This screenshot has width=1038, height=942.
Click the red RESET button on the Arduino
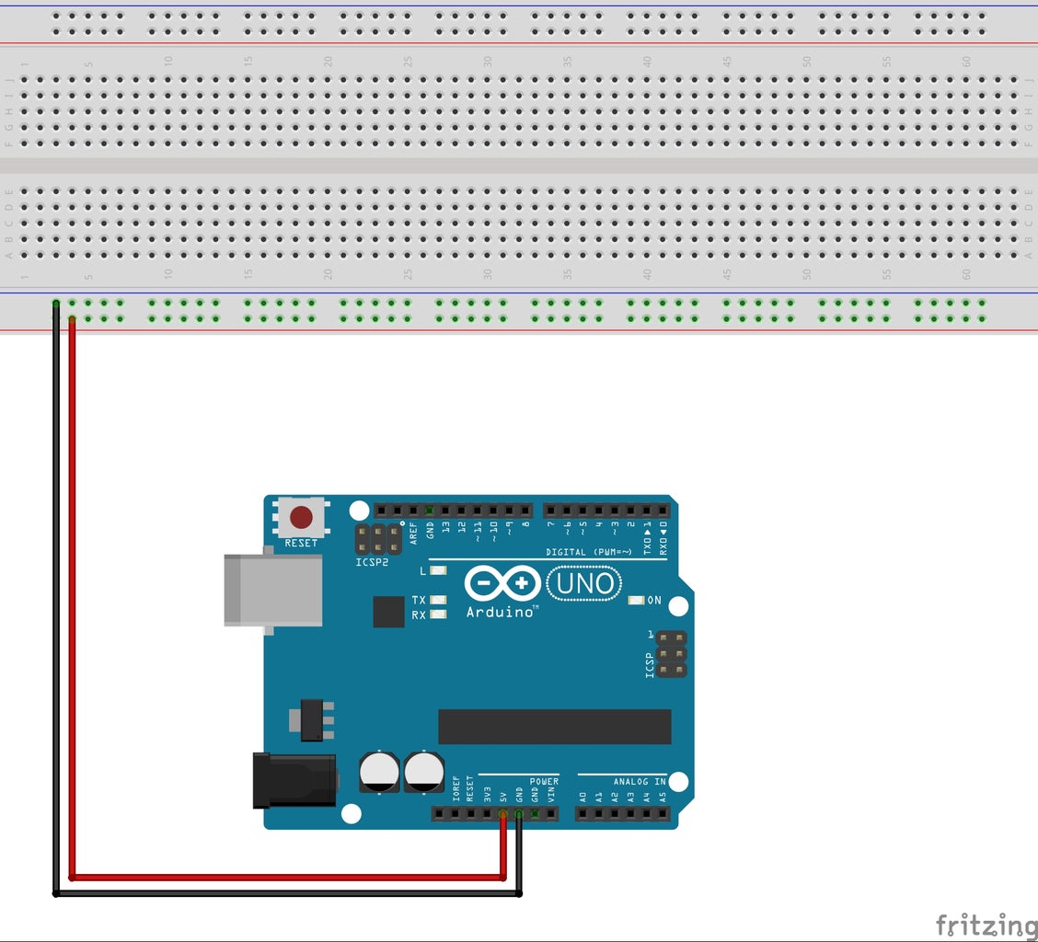pyautogui.click(x=301, y=518)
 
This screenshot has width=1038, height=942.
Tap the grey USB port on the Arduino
pyautogui.click(x=272, y=590)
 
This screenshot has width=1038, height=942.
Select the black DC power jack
pyautogui.click(x=294, y=780)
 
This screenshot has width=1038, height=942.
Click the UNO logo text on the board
pyautogui.click(x=584, y=582)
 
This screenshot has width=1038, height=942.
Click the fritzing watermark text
pyautogui.click(x=986, y=925)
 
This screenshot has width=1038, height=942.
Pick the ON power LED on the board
pyautogui.click(x=635, y=601)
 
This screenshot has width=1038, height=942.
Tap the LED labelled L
pyautogui.click(x=438, y=571)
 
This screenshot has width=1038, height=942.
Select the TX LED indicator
pyautogui.click(x=438, y=600)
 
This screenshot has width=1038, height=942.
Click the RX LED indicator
pyautogui.click(x=438, y=614)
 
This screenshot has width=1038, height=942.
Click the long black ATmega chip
pyautogui.click(x=554, y=727)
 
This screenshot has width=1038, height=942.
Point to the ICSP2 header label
pyautogui.click(x=373, y=562)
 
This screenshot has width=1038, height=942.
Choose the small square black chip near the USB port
pyautogui.click(x=388, y=611)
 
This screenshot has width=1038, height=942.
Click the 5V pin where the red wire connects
pyautogui.click(x=502, y=814)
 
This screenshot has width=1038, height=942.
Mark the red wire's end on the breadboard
pyautogui.click(x=72, y=319)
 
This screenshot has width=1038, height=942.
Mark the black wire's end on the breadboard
pyautogui.click(x=56, y=304)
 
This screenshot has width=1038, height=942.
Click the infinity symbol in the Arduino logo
pyautogui.click(x=502, y=582)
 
